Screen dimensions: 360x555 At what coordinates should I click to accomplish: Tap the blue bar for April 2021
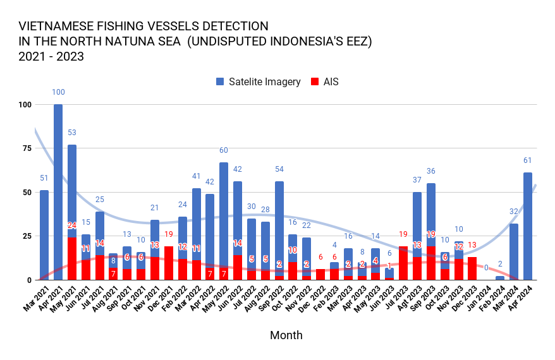click(x=58, y=189)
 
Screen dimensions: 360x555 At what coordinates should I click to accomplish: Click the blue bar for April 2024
click(x=528, y=225)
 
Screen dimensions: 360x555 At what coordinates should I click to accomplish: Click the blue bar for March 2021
click(x=44, y=234)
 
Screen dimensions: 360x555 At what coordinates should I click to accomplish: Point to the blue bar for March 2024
click(x=514, y=251)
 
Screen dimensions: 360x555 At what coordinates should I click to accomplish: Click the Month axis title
click(x=286, y=335)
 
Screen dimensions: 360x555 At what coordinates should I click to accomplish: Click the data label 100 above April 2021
click(x=58, y=92)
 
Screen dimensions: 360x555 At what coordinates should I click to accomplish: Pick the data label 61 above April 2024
click(x=528, y=160)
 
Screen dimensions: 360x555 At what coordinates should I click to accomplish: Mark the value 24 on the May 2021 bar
click(x=72, y=225)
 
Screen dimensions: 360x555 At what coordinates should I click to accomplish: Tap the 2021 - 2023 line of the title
click(x=52, y=56)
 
